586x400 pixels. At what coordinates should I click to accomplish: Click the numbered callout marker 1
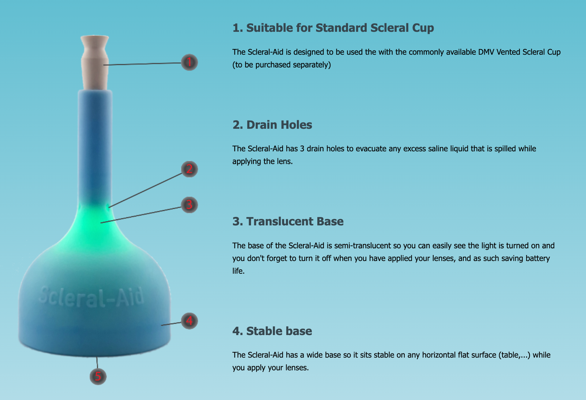pyautogui.click(x=189, y=62)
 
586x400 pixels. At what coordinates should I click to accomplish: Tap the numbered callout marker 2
pyautogui.click(x=189, y=169)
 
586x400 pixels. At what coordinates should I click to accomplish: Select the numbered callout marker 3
pyautogui.click(x=189, y=204)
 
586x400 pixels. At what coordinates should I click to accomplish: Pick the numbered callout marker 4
pyautogui.click(x=189, y=321)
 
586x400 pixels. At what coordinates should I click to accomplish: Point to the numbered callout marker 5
pyautogui.click(x=98, y=376)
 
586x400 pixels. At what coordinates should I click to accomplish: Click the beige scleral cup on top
pyautogui.click(x=95, y=63)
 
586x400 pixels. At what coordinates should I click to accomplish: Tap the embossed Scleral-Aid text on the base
pyautogui.click(x=91, y=297)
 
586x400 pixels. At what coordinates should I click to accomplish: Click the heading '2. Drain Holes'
pyautogui.click(x=272, y=125)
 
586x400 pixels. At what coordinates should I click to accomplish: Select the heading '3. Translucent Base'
pyautogui.click(x=288, y=221)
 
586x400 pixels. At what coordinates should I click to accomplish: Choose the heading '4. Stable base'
pyautogui.click(x=272, y=331)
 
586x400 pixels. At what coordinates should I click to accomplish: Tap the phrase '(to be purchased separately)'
pyautogui.click(x=282, y=64)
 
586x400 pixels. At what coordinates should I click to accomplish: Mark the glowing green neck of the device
pyautogui.click(x=95, y=225)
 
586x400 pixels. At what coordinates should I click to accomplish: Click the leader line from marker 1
pyautogui.click(x=142, y=64)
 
